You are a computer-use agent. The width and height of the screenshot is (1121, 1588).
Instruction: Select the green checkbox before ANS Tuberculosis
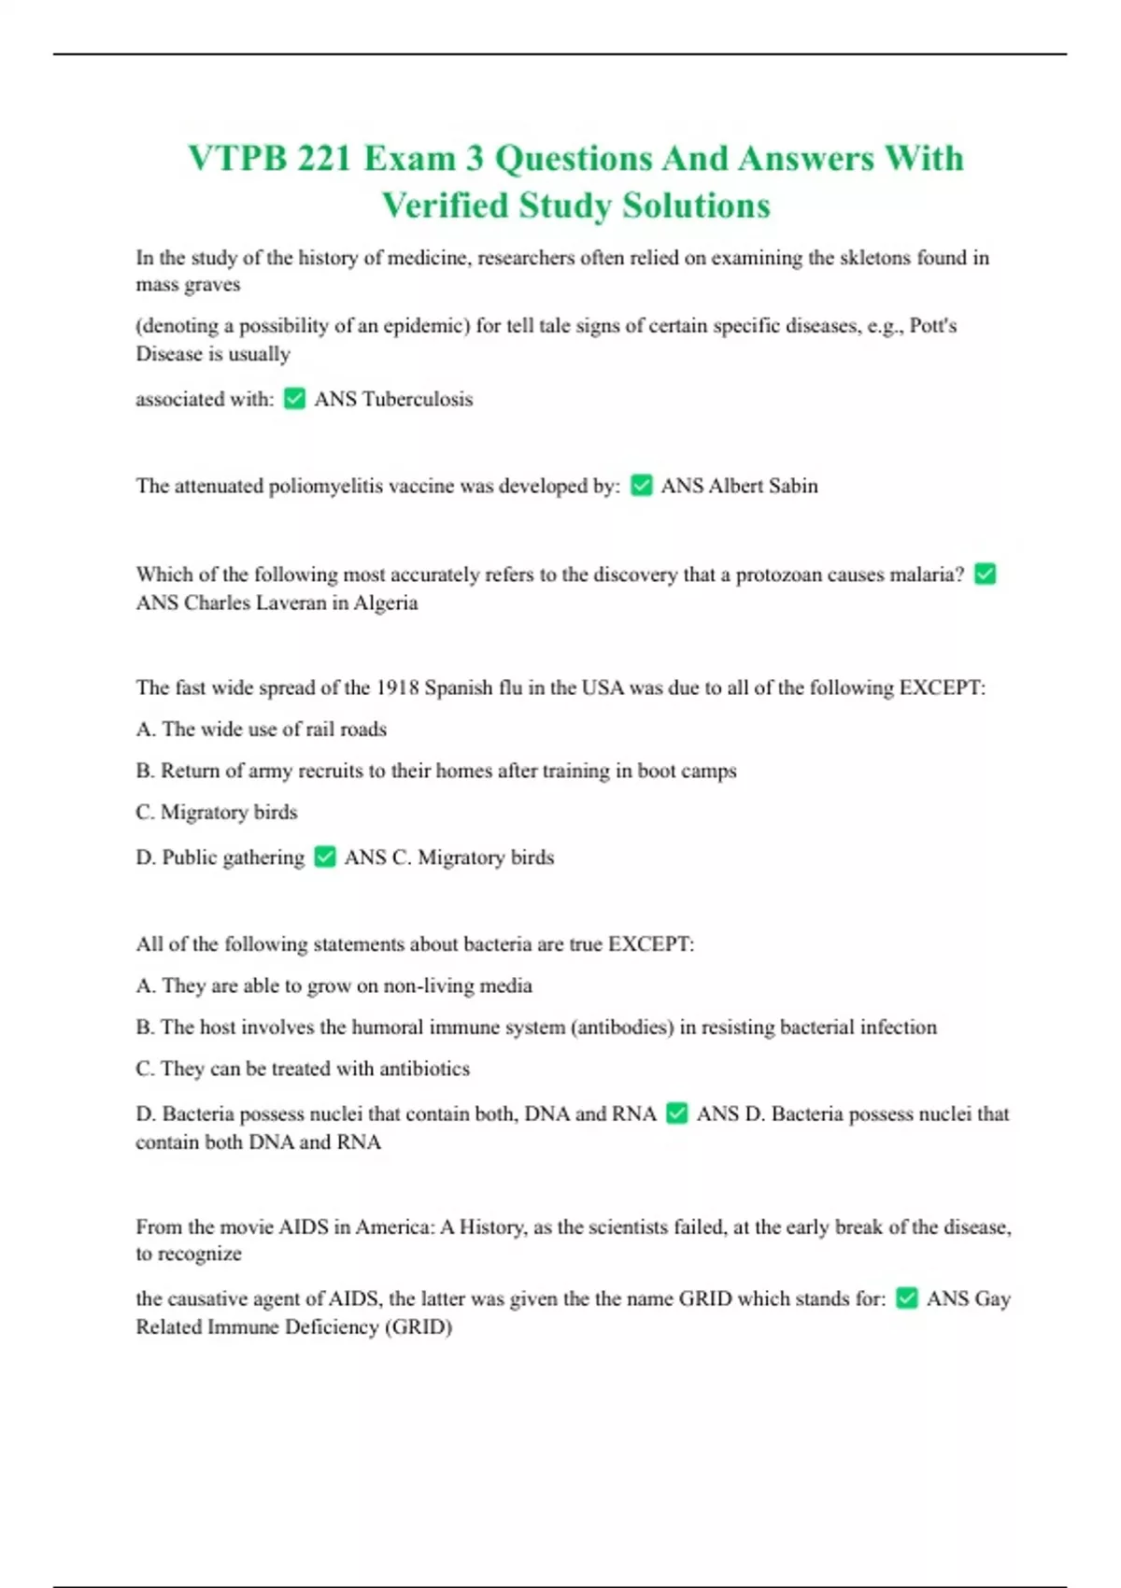click(294, 399)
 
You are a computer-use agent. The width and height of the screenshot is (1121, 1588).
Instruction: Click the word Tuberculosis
click(417, 399)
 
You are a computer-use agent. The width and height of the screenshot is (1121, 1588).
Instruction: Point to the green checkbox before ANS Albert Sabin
click(641, 486)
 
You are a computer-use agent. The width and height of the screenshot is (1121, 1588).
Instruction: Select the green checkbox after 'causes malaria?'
click(985, 574)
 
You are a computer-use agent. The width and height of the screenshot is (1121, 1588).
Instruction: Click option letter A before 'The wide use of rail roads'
click(145, 729)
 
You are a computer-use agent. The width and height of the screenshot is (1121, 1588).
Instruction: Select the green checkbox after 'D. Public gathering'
click(324, 857)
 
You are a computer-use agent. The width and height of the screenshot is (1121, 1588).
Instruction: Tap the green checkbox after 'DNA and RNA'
click(676, 1113)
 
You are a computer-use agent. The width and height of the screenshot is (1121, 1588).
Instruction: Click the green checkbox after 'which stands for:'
click(906, 1298)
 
